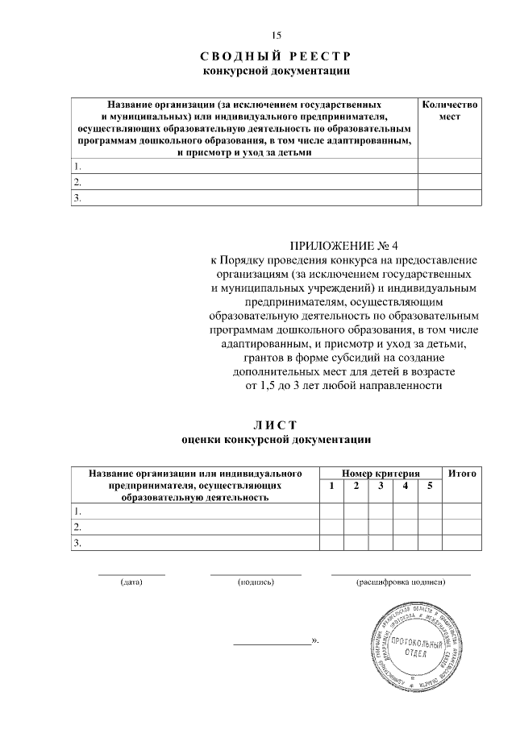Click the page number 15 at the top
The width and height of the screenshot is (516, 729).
click(276, 35)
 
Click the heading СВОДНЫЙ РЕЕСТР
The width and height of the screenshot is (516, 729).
click(276, 56)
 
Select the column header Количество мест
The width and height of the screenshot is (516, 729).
click(449, 110)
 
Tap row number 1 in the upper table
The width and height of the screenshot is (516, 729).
click(77, 167)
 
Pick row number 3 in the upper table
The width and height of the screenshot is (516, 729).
click(77, 197)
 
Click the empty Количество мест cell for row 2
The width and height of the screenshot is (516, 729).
click(449, 182)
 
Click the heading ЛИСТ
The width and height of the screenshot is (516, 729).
click(276, 425)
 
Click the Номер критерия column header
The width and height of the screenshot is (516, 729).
click(380, 474)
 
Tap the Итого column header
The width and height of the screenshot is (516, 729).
click(462, 474)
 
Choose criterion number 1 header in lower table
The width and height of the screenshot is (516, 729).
click(331, 486)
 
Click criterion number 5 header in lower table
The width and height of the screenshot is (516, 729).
click(429, 486)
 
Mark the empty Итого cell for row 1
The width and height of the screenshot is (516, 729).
click(462, 512)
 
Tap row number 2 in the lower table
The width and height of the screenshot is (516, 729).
click(77, 527)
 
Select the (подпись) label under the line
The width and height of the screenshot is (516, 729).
click(256, 582)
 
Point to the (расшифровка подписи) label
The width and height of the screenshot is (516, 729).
click(400, 582)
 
